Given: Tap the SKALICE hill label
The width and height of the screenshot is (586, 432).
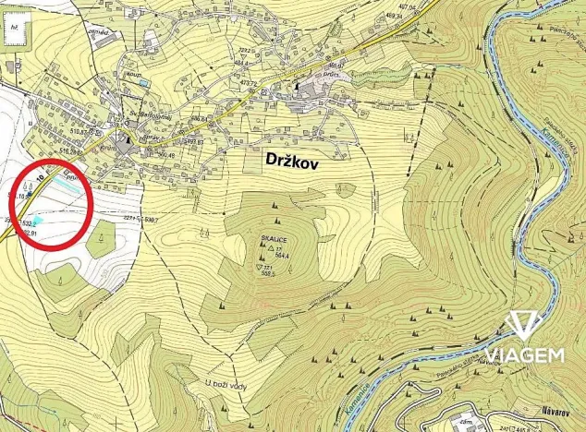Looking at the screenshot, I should pyautogui.click(x=272, y=237).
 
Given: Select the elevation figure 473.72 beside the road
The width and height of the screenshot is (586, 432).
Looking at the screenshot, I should pyautogui.click(x=247, y=83).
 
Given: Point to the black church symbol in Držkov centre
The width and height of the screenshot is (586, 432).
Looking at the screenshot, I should pyautogui.click(x=297, y=86).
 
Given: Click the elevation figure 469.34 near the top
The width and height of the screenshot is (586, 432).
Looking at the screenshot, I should pyautogui.click(x=396, y=41).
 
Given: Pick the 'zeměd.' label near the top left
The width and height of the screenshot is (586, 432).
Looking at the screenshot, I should pyautogui.click(x=98, y=33).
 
